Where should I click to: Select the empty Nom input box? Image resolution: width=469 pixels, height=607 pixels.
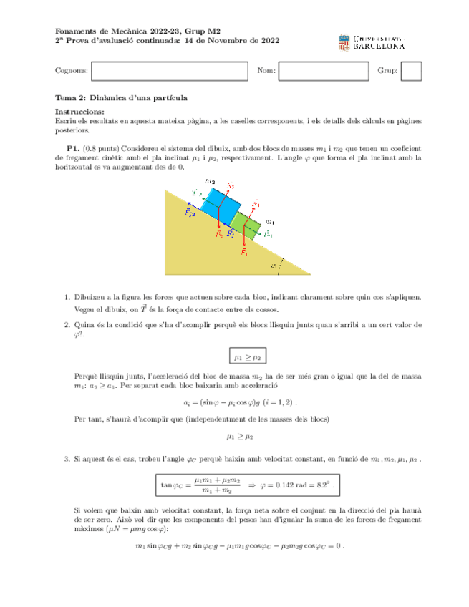pos(323,71)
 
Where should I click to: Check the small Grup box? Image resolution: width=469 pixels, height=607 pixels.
pos(411,71)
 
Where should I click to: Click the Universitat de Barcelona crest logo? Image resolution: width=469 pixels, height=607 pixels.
pos(342,42)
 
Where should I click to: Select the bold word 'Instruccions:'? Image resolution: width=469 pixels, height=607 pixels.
pos(79,112)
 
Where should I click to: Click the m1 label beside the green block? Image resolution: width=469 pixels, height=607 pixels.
pos(269,222)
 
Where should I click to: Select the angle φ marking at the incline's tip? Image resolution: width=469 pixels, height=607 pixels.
pos(273,265)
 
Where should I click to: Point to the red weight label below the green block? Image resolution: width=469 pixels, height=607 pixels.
pos(245,253)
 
